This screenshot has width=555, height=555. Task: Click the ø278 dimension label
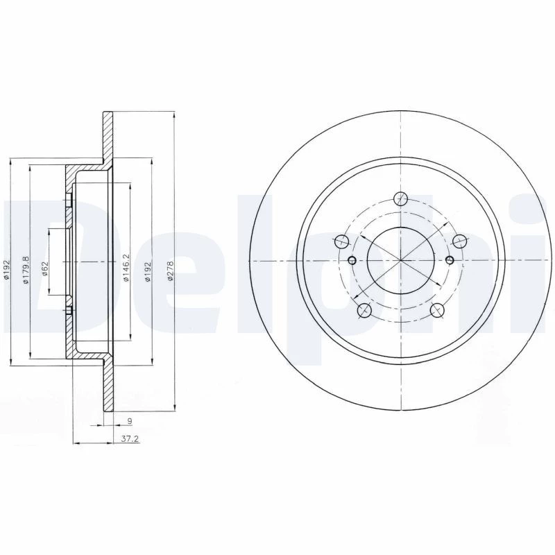(x=170, y=271)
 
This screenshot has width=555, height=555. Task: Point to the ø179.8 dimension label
(x=26, y=270)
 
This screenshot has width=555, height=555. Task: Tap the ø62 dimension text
(x=44, y=268)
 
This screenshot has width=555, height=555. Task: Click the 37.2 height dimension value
(x=130, y=439)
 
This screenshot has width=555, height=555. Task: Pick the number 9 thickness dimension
(x=130, y=421)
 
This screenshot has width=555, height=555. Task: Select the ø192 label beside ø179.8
(x=6, y=270)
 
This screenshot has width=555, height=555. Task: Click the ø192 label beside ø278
(x=148, y=271)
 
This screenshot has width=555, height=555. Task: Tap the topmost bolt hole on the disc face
(x=400, y=198)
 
